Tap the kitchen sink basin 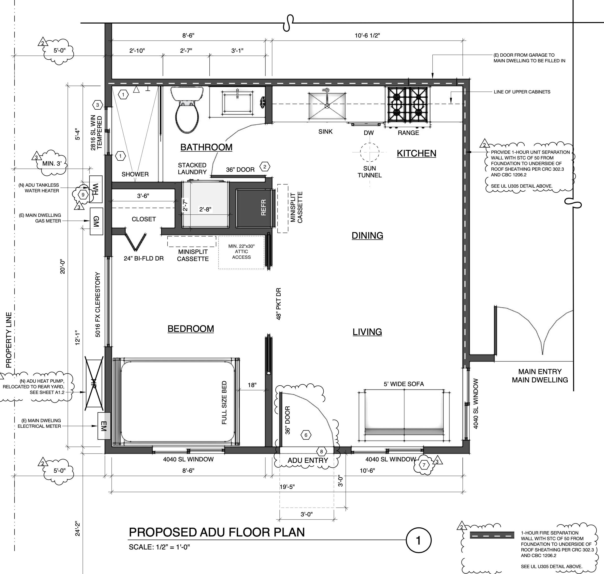point(327,105)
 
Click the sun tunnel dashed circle point(370,152)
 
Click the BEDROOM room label point(191,329)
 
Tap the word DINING point(367,235)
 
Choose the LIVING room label point(367,332)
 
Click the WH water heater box point(96,189)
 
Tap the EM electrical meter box point(104,426)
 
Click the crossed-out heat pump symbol point(94,384)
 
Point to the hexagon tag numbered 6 point(306,435)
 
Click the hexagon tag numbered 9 point(83,195)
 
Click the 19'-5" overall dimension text point(287,486)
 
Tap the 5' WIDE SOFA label point(403,384)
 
